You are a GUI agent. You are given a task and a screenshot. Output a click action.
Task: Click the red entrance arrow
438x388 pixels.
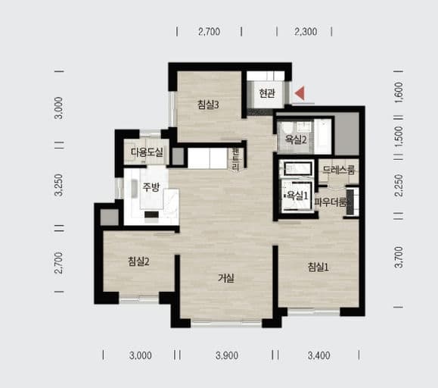pos(300,93)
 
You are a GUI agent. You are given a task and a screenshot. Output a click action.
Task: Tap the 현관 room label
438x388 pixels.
pos(267,93)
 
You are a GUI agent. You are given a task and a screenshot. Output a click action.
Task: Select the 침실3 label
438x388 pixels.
pos(208,105)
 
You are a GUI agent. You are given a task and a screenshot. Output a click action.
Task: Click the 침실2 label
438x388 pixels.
pos(138,261)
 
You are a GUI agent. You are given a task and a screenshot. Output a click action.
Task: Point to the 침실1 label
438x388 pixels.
pos(318,268)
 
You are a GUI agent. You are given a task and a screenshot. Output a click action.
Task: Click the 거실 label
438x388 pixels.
pos(226,278)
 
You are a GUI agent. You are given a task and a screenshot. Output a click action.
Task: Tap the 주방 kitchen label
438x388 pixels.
pos(151,186)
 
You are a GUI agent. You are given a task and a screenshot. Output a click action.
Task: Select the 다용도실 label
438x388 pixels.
pos(147,152)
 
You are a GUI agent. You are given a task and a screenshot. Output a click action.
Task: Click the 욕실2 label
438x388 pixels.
pos(296,139)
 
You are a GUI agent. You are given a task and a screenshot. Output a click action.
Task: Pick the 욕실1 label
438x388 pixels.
pos(298,196)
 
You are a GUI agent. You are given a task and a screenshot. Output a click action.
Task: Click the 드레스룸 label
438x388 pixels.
pos(339,170)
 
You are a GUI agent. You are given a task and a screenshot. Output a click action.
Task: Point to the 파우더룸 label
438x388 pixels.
pos(331,202)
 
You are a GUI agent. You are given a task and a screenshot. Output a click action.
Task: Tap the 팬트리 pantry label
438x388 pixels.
pos(236,160)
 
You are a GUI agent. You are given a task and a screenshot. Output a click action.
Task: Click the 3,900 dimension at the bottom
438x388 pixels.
pos(227,355)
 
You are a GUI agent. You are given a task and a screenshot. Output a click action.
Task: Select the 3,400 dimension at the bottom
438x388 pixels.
pos(319,355)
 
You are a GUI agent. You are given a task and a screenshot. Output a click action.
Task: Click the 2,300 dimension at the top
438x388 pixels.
pos(306,32)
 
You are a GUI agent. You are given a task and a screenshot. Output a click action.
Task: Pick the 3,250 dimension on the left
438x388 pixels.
pos(59,185)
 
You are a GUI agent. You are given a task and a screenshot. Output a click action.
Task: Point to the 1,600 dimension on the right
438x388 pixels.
pos(399,92)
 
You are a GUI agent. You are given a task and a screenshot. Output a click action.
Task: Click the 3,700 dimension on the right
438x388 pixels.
pos(399,257)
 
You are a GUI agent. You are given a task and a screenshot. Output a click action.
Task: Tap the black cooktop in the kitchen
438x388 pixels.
pos(152,214)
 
